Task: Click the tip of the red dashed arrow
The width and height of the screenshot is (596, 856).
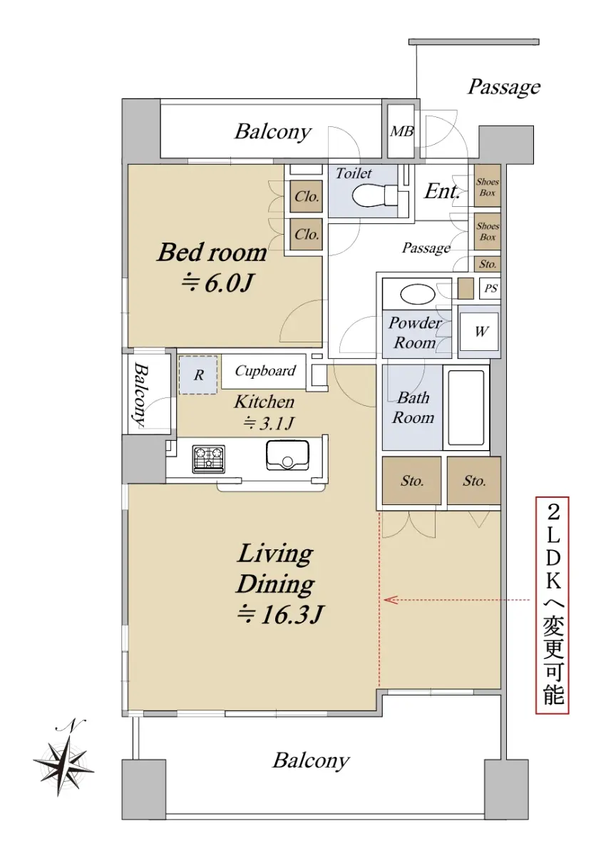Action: click(384, 600)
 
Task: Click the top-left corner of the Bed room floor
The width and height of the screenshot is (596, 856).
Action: click(128, 165)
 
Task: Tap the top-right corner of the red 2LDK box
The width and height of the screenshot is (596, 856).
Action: click(568, 497)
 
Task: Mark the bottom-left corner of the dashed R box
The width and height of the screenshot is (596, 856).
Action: click(180, 394)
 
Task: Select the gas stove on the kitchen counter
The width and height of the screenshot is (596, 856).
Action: click(208, 459)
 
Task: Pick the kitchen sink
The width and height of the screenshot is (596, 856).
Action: click(288, 455)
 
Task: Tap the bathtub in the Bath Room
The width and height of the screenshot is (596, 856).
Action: click(466, 407)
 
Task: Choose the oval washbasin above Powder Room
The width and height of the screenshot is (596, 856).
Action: click(417, 294)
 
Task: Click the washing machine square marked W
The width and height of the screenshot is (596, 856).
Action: click(479, 331)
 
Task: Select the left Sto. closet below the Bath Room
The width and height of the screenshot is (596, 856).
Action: click(411, 480)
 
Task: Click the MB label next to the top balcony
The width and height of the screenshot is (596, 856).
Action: click(401, 132)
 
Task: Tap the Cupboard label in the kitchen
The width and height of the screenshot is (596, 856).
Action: click(265, 371)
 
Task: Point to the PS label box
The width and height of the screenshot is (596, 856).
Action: click(490, 288)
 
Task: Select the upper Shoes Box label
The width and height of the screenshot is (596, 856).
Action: click(488, 187)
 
